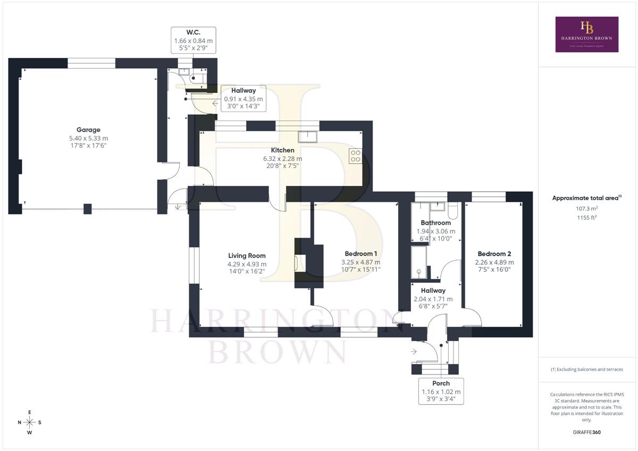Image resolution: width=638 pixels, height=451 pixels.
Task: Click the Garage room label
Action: pos(88,130)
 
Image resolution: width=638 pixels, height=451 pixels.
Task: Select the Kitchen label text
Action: pos(282,150)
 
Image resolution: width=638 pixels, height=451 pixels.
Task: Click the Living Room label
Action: pos(247,256)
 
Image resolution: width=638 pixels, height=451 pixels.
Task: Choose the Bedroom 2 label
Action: pos(494,253)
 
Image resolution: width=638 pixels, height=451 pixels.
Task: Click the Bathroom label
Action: pos(435,223)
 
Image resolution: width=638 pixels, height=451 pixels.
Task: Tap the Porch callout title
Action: pos(441,383)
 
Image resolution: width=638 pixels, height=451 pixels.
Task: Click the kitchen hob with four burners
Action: pos(355,156)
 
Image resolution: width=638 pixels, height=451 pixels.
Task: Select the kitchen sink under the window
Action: pos(307,137)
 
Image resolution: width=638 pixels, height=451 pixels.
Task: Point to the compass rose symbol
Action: pos(30,422)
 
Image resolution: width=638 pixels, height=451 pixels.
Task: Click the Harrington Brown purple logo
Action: pos(586,34)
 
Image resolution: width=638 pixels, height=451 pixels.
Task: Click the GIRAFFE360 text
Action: pos(586,432)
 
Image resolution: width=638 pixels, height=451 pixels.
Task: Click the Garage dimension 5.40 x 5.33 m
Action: pos(88,138)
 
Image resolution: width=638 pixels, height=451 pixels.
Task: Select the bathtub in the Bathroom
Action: pos(419,261)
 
